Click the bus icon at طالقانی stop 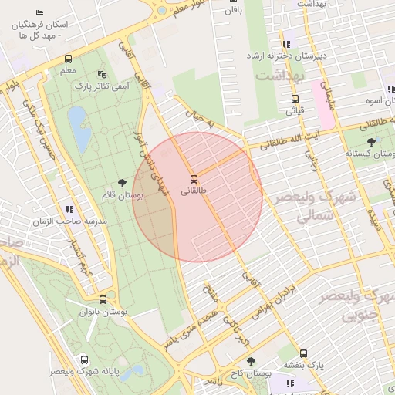pos(194,178)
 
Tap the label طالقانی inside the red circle pos(194,190)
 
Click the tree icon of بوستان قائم pos(123,183)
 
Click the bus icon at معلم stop pos(68,59)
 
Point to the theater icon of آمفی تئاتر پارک pos(103,74)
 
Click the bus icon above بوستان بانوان pos(103,299)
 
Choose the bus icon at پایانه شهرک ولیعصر pos(84,360)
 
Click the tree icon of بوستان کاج pos(251,361)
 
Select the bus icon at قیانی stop pos(295,99)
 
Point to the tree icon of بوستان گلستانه pos(372,142)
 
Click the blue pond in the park pos(79,128)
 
